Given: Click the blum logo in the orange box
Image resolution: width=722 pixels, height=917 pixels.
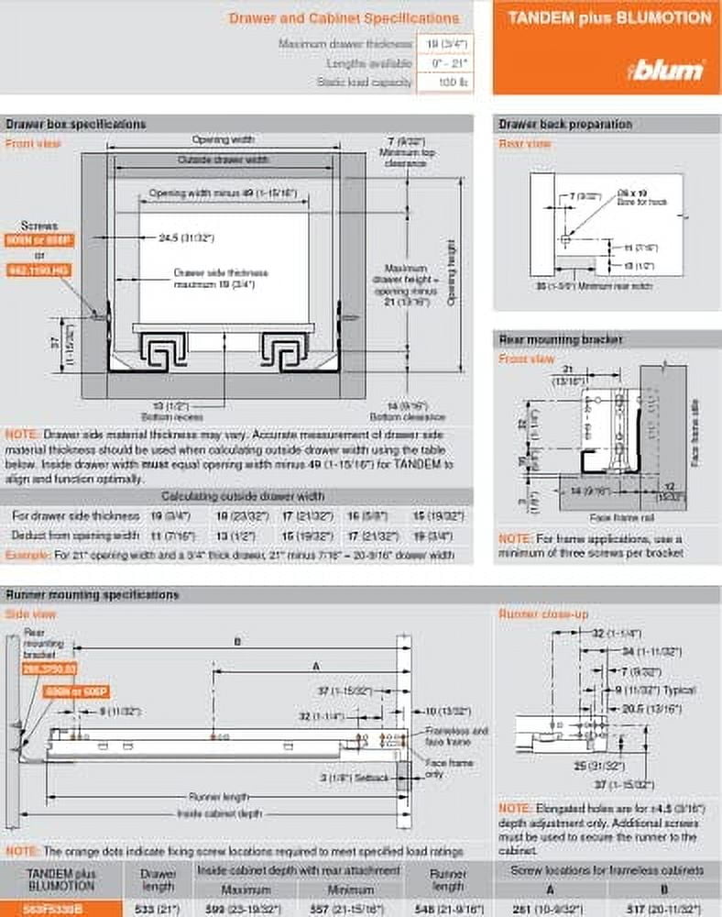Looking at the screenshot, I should (x=666, y=70).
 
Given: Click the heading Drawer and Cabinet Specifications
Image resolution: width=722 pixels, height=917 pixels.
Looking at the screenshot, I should (x=344, y=17).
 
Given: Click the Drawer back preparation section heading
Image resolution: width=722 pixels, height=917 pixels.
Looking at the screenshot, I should (x=565, y=124).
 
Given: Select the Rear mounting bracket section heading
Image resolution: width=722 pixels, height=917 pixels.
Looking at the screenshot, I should (x=561, y=339).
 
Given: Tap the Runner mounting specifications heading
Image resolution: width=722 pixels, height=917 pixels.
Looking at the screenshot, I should (x=93, y=594).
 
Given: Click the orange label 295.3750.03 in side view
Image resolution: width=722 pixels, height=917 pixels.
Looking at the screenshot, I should (x=49, y=669).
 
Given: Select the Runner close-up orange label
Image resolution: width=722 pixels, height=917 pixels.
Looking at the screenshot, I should (x=543, y=613).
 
